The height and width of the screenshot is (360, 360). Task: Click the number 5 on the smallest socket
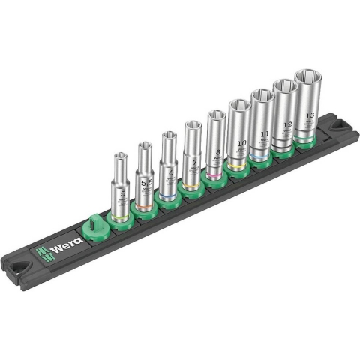[122, 193]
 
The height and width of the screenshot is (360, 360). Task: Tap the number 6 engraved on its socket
[170, 172]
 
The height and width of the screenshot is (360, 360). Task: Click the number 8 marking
[217, 152]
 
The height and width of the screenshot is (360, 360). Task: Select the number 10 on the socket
[241, 142]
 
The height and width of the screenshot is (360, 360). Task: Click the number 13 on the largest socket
[310, 115]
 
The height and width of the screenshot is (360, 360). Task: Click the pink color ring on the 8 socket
[217, 177]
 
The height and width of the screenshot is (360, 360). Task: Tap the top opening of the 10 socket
[238, 105]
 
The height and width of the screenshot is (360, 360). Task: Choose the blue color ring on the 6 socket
[170, 198]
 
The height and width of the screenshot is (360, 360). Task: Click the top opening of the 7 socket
[192, 125]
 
